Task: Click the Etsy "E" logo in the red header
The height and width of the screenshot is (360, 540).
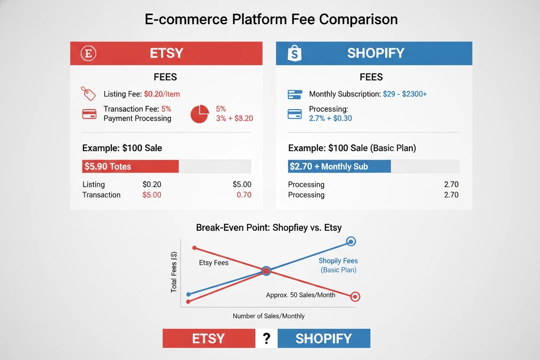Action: [89, 53]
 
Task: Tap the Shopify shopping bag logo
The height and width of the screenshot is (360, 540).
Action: [295, 53]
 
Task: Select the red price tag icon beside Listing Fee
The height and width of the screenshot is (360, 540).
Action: [88, 93]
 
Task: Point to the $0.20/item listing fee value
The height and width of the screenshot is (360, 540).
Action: [162, 94]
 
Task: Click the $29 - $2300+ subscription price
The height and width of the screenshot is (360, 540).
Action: [405, 94]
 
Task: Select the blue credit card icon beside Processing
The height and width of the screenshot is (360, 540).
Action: [295, 114]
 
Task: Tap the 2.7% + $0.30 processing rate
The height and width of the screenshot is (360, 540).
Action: [330, 118]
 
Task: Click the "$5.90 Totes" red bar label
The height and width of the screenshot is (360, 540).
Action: [108, 167]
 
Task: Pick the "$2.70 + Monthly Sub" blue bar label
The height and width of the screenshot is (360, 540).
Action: [329, 167]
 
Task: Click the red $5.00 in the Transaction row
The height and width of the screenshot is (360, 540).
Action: [151, 195]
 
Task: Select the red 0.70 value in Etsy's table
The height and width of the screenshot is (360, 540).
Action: [244, 195]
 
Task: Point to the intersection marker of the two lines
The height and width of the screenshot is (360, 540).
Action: [266, 271]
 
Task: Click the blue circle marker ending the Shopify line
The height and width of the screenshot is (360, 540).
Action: [351, 241]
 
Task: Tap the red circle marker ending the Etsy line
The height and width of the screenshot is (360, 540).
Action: [355, 296]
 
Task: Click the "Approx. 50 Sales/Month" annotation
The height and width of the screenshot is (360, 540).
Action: [300, 295]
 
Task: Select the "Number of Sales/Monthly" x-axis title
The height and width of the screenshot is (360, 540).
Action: [268, 316]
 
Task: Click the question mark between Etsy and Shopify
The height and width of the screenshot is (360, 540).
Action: [266, 338]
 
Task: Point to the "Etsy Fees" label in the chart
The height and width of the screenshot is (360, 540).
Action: [214, 263]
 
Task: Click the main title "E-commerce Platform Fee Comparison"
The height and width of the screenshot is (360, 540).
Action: [271, 19]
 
